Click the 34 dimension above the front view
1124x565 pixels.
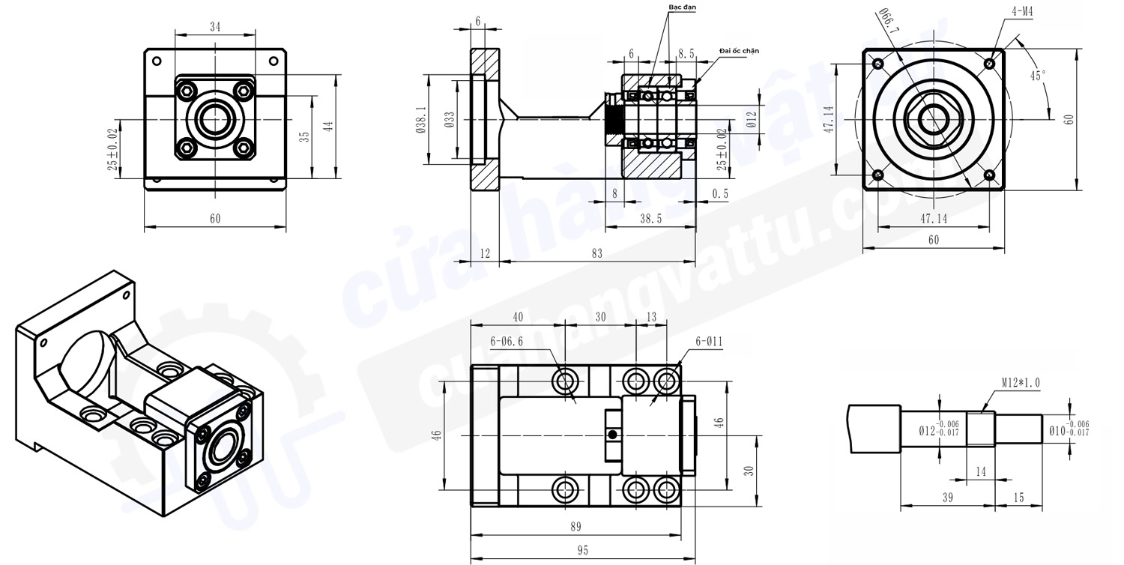(x=215, y=27)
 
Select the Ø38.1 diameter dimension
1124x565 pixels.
(x=421, y=119)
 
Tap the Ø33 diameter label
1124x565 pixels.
(x=450, y=119)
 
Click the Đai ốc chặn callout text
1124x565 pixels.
(x=739, y=50)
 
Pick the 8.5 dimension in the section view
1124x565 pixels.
(x=686, y=53)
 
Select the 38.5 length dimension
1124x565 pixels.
(x=650, y=218)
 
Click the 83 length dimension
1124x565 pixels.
(x=596, y=254)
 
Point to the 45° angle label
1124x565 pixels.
(x=1038, y=76)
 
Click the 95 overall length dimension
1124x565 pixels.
(x=582, y=550)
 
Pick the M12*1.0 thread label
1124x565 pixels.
(x=1020, y=383)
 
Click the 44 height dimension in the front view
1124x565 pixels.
(x=327, y=127)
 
